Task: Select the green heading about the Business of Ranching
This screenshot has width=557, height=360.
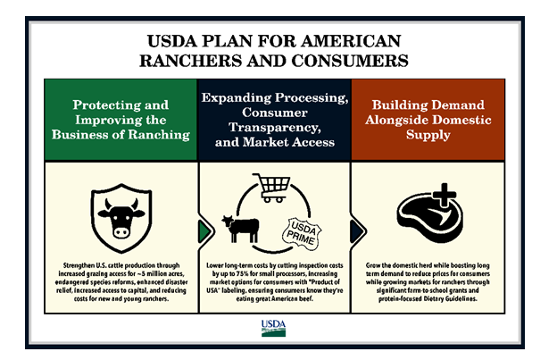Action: coord(120,120)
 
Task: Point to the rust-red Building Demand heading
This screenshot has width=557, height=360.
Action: coord(428,120)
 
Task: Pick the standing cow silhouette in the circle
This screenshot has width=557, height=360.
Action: coord(241,229)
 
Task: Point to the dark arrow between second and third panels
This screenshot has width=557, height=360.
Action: coord(354,229)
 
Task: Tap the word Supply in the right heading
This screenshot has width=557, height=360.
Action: coord(428,134)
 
